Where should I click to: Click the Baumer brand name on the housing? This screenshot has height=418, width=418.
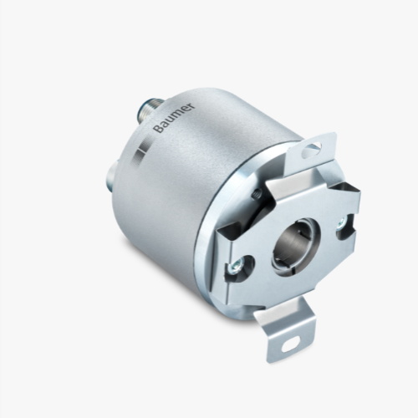pos(175,118)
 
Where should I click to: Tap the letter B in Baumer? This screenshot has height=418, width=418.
pos(158,129)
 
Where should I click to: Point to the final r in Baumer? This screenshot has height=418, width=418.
pos(191,106)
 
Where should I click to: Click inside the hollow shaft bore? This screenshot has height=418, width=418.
pos(295,243)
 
